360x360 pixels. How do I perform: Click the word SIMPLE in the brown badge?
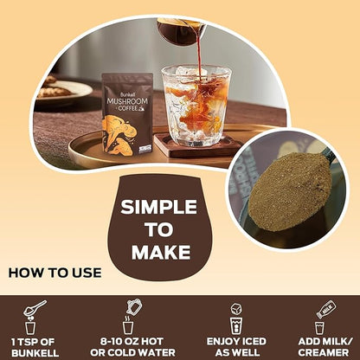click(x=158, y=207)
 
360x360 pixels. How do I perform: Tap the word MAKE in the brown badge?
click(x=159, y=252)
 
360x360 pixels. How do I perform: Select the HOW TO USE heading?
click(x=55, y=273)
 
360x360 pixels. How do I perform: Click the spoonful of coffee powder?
click(x=289, y=190)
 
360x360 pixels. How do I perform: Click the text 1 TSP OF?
click(x=35, y=341)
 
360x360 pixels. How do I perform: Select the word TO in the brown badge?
click(x=159, y=229)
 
